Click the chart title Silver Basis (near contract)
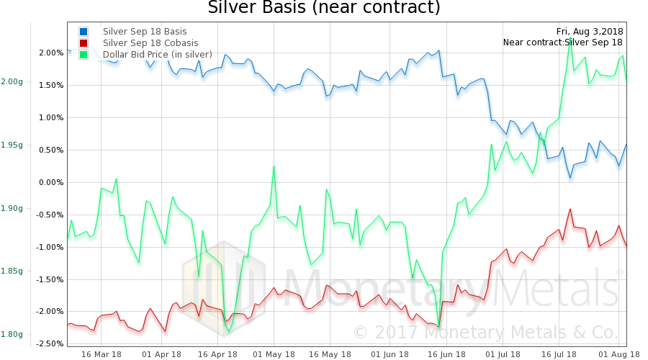323,9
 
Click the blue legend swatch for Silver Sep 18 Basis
84,32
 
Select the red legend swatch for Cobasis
84,43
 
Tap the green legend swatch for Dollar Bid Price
84,55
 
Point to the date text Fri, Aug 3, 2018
590,32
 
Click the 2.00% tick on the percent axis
51,53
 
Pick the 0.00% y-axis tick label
51,183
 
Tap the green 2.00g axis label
12,82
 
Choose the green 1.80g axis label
12,334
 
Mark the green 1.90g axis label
12,209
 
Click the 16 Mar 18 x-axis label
101,354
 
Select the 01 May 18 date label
274,354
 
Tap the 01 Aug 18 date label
614,354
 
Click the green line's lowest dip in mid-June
438,326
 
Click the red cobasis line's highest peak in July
570,210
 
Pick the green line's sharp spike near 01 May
274,166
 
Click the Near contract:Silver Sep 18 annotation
562,42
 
